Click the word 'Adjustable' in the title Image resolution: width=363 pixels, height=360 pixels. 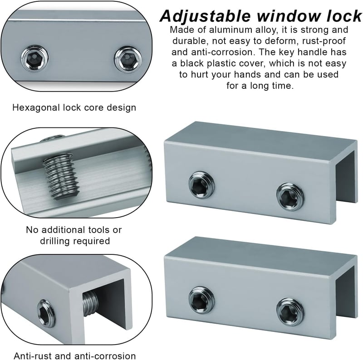coord(205,16)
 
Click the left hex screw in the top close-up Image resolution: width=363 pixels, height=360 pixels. coord(35,58)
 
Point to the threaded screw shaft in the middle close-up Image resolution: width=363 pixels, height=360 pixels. coord(61,176)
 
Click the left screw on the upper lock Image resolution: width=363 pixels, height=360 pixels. coord(201,185)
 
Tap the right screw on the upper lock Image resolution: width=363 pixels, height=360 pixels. coord(290,197)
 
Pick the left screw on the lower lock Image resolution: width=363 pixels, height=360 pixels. coord(201,300)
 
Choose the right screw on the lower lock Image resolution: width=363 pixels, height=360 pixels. coord(290,312)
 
